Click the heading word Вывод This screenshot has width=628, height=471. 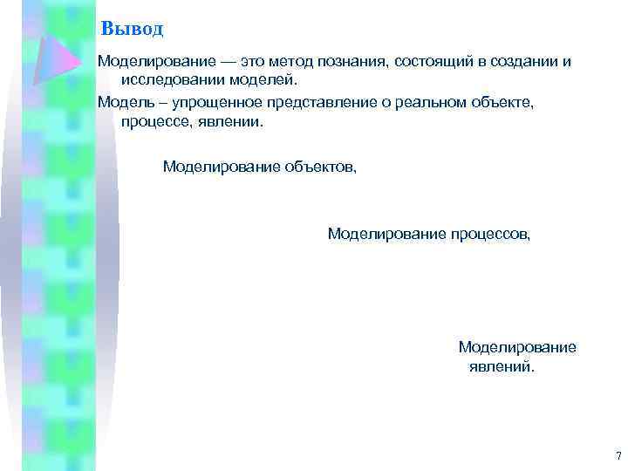point(132,29)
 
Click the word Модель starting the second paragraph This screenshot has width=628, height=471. point(121,103)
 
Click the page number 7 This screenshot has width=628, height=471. point(618,456)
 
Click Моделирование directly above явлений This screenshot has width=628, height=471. point(517,347)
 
